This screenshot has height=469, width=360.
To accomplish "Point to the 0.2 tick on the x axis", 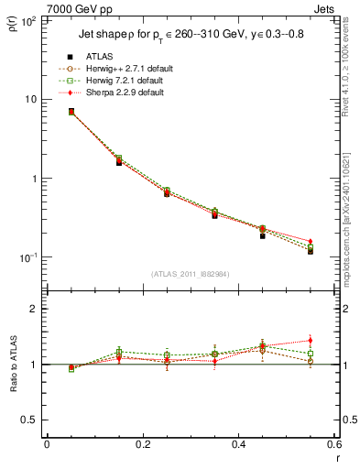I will click(142, 446).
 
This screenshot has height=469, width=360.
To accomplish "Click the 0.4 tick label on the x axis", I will click(237, 446).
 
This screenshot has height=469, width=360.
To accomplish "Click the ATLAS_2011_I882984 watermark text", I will click(190, 275).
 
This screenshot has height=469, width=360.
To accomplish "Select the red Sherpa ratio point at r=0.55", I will click(310, 341).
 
